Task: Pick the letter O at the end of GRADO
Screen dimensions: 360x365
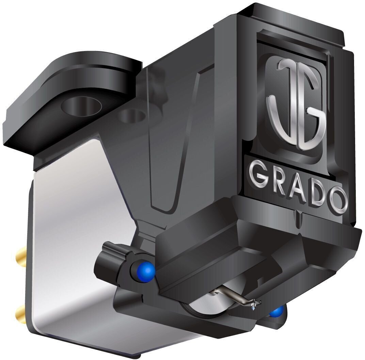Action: [338, 200]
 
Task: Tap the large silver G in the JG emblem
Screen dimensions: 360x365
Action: [310, 113]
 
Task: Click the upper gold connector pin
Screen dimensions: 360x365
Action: [20, 253]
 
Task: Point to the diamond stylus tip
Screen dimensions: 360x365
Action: [254, 308]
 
